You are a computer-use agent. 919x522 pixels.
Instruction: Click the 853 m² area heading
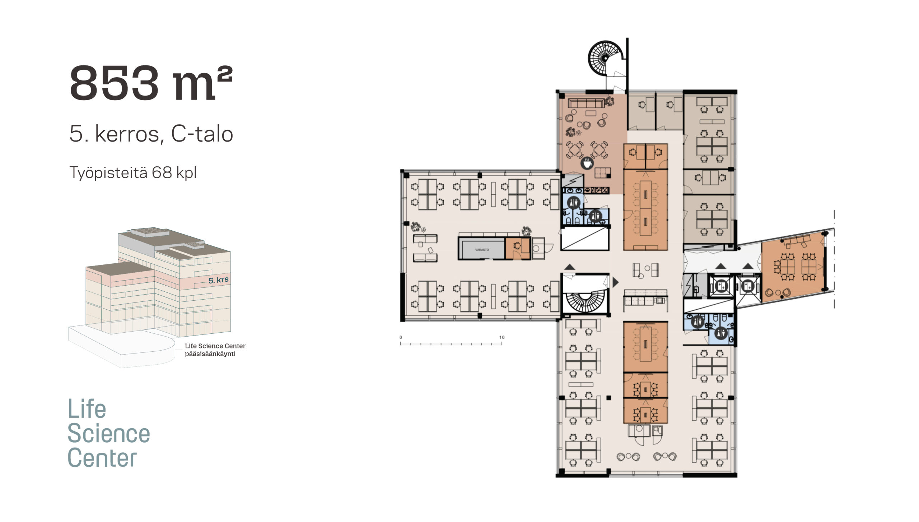[x=151, y=83]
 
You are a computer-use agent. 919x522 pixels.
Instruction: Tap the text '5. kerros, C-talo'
[x=151, y=134]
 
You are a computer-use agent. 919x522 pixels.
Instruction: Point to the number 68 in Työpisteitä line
[x=162, y=173]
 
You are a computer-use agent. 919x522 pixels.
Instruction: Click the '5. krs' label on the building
[x=218, y=280]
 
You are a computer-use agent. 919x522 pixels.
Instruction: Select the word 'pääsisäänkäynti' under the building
[x=210, y=354]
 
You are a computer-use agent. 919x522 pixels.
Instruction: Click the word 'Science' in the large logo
[x=109, y=434]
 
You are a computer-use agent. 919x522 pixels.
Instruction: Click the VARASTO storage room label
[x=482, y=250]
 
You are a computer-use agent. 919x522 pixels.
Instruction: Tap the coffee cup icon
[x=587, y=163]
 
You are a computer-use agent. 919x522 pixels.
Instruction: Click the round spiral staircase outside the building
[x=605, y=58]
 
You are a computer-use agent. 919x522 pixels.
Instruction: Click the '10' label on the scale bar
[x=502, y=337]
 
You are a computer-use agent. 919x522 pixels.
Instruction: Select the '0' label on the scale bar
[x=401, y=337]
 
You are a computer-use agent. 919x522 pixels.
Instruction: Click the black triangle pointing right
[x=615, y=282]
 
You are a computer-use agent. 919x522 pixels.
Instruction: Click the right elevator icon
[x=748, y=286]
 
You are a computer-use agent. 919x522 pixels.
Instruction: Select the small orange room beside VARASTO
[x=517, y=248]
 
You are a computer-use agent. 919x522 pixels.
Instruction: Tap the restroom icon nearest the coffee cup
[x=574, y=203]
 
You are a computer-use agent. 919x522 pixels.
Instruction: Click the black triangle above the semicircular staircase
[x=569, y=267]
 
